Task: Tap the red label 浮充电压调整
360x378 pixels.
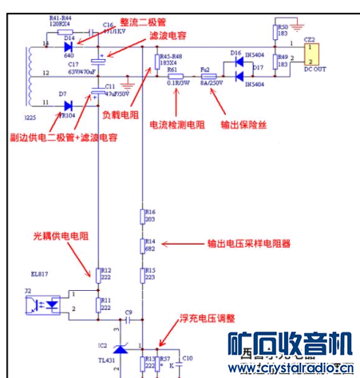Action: [x=208, y=317]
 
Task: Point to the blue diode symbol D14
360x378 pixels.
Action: [x=69, y=46]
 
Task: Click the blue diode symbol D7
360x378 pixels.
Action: [x=69, y=105]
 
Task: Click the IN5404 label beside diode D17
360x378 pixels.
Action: [x=255, y=84]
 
